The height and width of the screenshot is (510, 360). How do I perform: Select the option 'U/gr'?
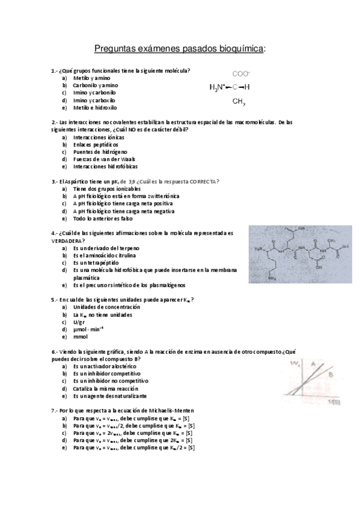(x=79, y=322)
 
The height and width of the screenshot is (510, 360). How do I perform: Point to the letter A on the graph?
(x=313, y=363)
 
